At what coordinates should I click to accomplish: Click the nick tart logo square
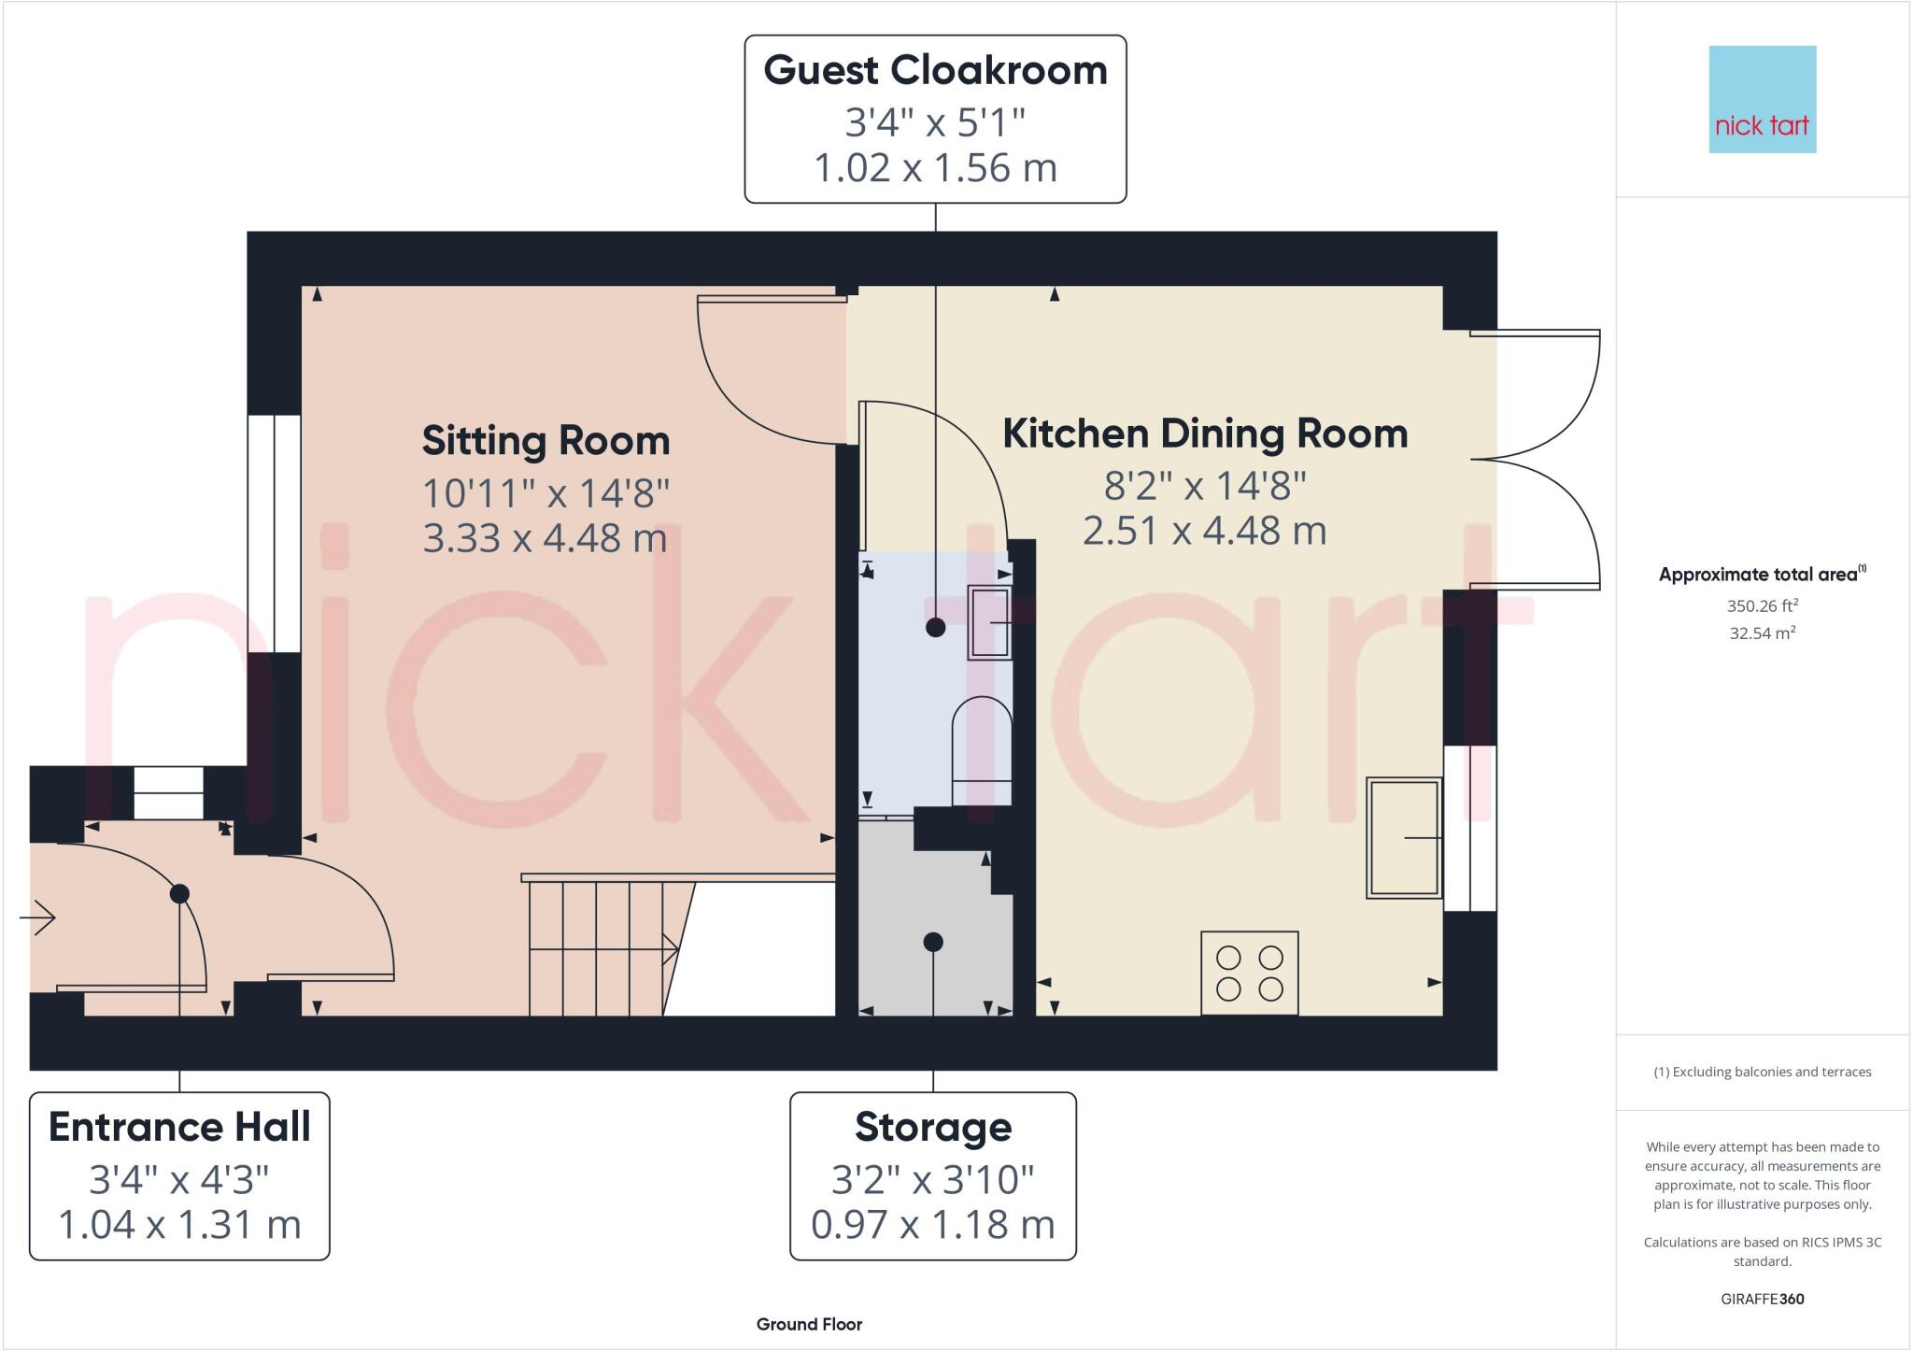point(1762,99)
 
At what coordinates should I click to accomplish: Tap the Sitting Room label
point(546,441)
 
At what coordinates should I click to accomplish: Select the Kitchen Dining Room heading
point(1205,434)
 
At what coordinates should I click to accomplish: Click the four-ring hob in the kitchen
point(1249,973)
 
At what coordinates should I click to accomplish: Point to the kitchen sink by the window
point(1404,837)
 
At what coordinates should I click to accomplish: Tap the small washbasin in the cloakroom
point(989,622)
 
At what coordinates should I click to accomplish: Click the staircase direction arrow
point(669,949)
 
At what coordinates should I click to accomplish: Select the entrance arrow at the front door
point(38,917)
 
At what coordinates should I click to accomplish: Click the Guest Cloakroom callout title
point(935,71)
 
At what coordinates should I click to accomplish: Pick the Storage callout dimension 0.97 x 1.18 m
point(932,1225)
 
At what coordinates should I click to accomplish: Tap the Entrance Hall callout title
point(179,1128)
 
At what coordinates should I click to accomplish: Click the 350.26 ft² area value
point(1762,605)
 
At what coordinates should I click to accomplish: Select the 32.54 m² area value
point(1762,633)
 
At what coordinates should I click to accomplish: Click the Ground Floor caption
point(809,1324)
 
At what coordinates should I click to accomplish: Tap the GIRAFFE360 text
point(1762,1299)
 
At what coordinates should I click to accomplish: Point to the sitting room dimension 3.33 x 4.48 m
point(545,538)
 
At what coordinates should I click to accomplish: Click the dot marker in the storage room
point(933,942)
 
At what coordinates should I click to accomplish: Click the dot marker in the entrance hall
point(179,894)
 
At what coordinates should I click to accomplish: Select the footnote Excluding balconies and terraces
point(1762,1072)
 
